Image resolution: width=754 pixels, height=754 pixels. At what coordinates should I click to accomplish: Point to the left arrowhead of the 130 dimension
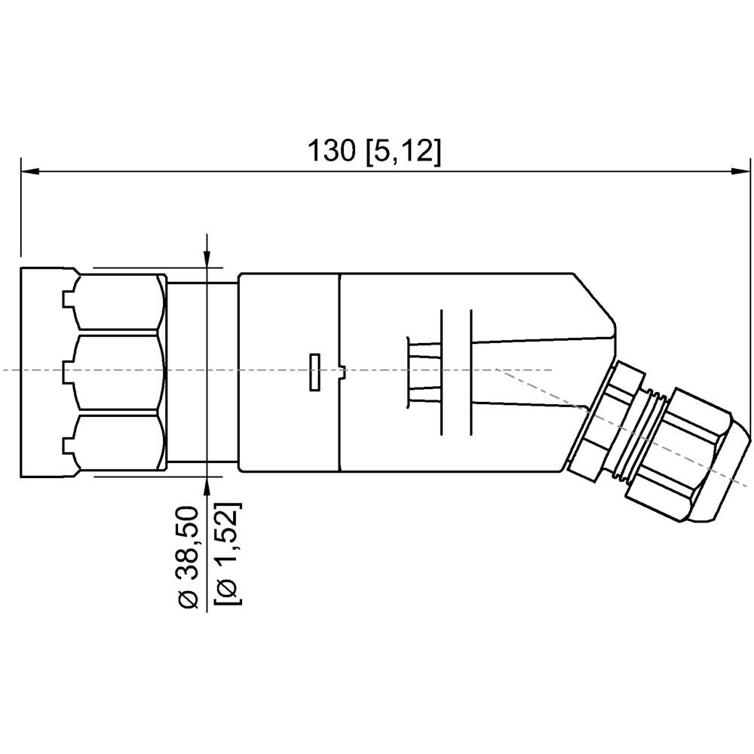[30, 172]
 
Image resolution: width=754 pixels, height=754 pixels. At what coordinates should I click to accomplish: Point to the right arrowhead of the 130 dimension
[742, 172]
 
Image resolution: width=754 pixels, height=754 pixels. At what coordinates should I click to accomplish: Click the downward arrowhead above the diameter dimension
[207, 256]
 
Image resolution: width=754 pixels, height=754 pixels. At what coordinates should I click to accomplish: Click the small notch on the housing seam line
[342, 370]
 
